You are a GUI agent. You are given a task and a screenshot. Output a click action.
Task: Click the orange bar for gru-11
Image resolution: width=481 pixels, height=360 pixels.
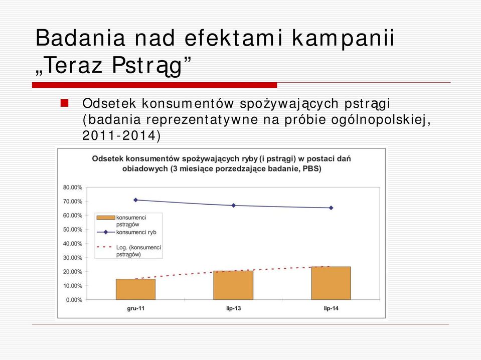coord(135,289)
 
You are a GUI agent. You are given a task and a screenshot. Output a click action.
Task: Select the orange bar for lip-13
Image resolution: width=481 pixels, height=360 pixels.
coord(233,285)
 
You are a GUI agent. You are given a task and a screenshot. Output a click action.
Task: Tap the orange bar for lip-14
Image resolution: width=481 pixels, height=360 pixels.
coord(331,283)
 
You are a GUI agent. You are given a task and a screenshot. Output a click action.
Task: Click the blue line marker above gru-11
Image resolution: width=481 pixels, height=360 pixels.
coord(135,200)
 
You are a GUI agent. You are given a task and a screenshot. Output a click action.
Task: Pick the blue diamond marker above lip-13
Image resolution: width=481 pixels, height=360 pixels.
coord(233,206)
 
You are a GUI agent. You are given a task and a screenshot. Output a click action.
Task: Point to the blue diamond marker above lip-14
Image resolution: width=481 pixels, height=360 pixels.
coord(331,208)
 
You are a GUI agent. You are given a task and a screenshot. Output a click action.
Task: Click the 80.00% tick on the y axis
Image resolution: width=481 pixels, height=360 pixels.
coord(73,188)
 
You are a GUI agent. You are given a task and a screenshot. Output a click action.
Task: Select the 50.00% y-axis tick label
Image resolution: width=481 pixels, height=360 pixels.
coord(73,229)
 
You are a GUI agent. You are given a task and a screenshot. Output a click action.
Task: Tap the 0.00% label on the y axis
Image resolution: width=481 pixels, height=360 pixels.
coord(74,300)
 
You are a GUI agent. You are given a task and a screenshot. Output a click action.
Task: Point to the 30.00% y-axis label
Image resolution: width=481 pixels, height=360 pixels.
coord(73,258)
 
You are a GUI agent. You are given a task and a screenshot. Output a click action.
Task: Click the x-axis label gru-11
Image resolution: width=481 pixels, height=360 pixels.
coord(135,308)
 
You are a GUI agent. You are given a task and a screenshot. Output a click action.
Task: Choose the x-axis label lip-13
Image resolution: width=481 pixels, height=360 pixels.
coord(233,308)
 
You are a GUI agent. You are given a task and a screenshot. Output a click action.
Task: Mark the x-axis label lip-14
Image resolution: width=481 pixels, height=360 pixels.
coord(331,308)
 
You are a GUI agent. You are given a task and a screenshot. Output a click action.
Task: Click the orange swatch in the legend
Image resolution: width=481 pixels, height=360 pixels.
coord(106,218)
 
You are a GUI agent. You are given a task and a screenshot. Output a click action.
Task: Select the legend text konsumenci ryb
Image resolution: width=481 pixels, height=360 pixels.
coord(136,232)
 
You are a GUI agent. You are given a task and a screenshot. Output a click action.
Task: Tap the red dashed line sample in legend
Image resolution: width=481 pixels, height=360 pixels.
coord(104,247)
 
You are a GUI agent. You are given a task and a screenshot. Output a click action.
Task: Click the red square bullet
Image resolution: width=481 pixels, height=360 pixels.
coord(64,103)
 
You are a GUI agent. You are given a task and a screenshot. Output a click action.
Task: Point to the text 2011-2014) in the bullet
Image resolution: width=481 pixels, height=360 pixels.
coord(121,135)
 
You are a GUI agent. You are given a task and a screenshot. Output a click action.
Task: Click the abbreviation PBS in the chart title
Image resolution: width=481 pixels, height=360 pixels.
coord(311,168)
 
